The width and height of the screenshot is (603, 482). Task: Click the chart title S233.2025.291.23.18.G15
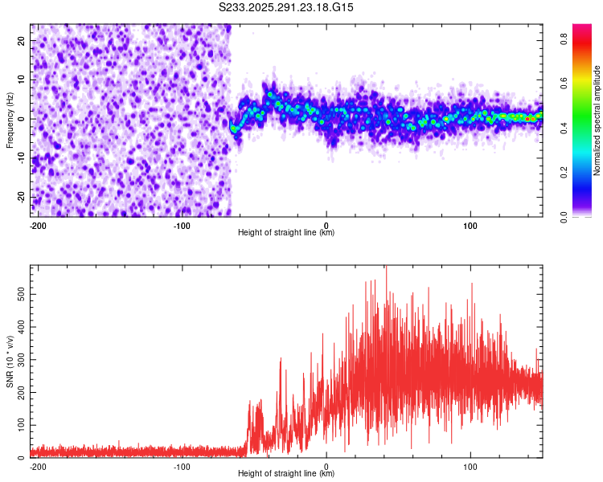(x=287, y=7)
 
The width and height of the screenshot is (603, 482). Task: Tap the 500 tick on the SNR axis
(x=19, y=295)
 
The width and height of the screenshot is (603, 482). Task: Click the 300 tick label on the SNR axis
(x=19, y=360)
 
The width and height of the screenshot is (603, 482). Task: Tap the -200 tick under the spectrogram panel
(x=37, y=225)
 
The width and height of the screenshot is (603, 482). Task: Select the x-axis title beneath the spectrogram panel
(x=286, y=233)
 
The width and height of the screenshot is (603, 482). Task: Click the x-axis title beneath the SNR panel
(x=286, y=474)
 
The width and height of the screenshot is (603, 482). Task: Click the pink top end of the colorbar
(x=582, y=28)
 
